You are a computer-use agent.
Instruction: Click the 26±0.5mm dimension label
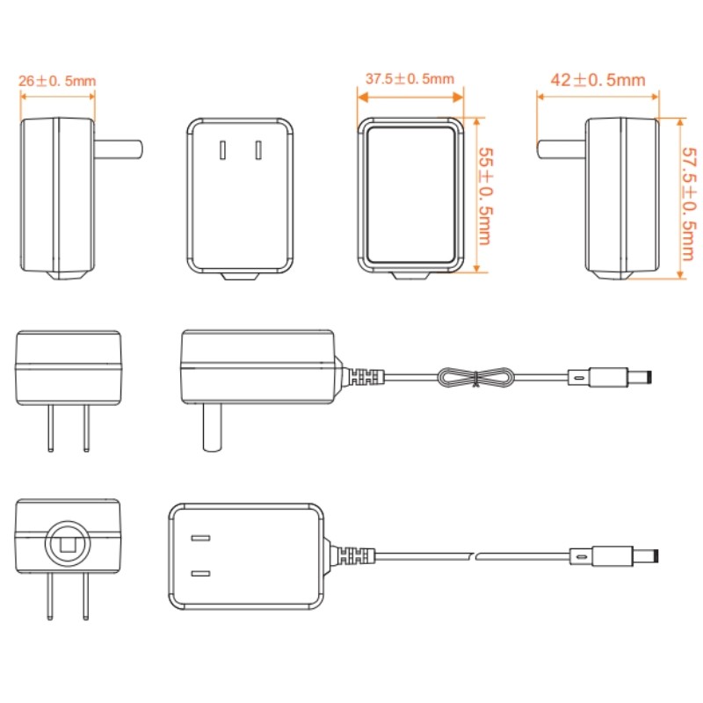click(57, 81)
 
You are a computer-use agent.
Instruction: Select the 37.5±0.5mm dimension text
click(409, 79)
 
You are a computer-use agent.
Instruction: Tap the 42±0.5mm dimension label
click(598, 80)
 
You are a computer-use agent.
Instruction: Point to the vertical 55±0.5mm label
click(486, 196)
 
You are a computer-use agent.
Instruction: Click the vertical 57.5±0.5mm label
click(689, 204)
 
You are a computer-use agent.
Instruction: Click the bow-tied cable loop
click(475, 377)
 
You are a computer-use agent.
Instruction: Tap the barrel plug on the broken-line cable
click(614, 556)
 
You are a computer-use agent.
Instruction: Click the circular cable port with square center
click(68, 543)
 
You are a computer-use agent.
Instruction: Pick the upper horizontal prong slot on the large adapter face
click(200, 538)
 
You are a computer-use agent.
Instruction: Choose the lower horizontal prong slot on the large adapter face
click(200, 574)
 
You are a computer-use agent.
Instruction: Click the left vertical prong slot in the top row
click(223, 150)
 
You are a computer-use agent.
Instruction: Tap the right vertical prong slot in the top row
click(258, 150)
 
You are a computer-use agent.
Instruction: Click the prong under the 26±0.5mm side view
click(119, 149)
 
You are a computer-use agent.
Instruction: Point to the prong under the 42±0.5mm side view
click(562, 149)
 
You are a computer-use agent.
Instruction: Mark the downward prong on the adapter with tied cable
click(212, 427)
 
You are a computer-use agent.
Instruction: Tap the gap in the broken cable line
click(475, 556)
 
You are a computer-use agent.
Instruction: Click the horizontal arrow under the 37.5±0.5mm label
click(410, 97)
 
